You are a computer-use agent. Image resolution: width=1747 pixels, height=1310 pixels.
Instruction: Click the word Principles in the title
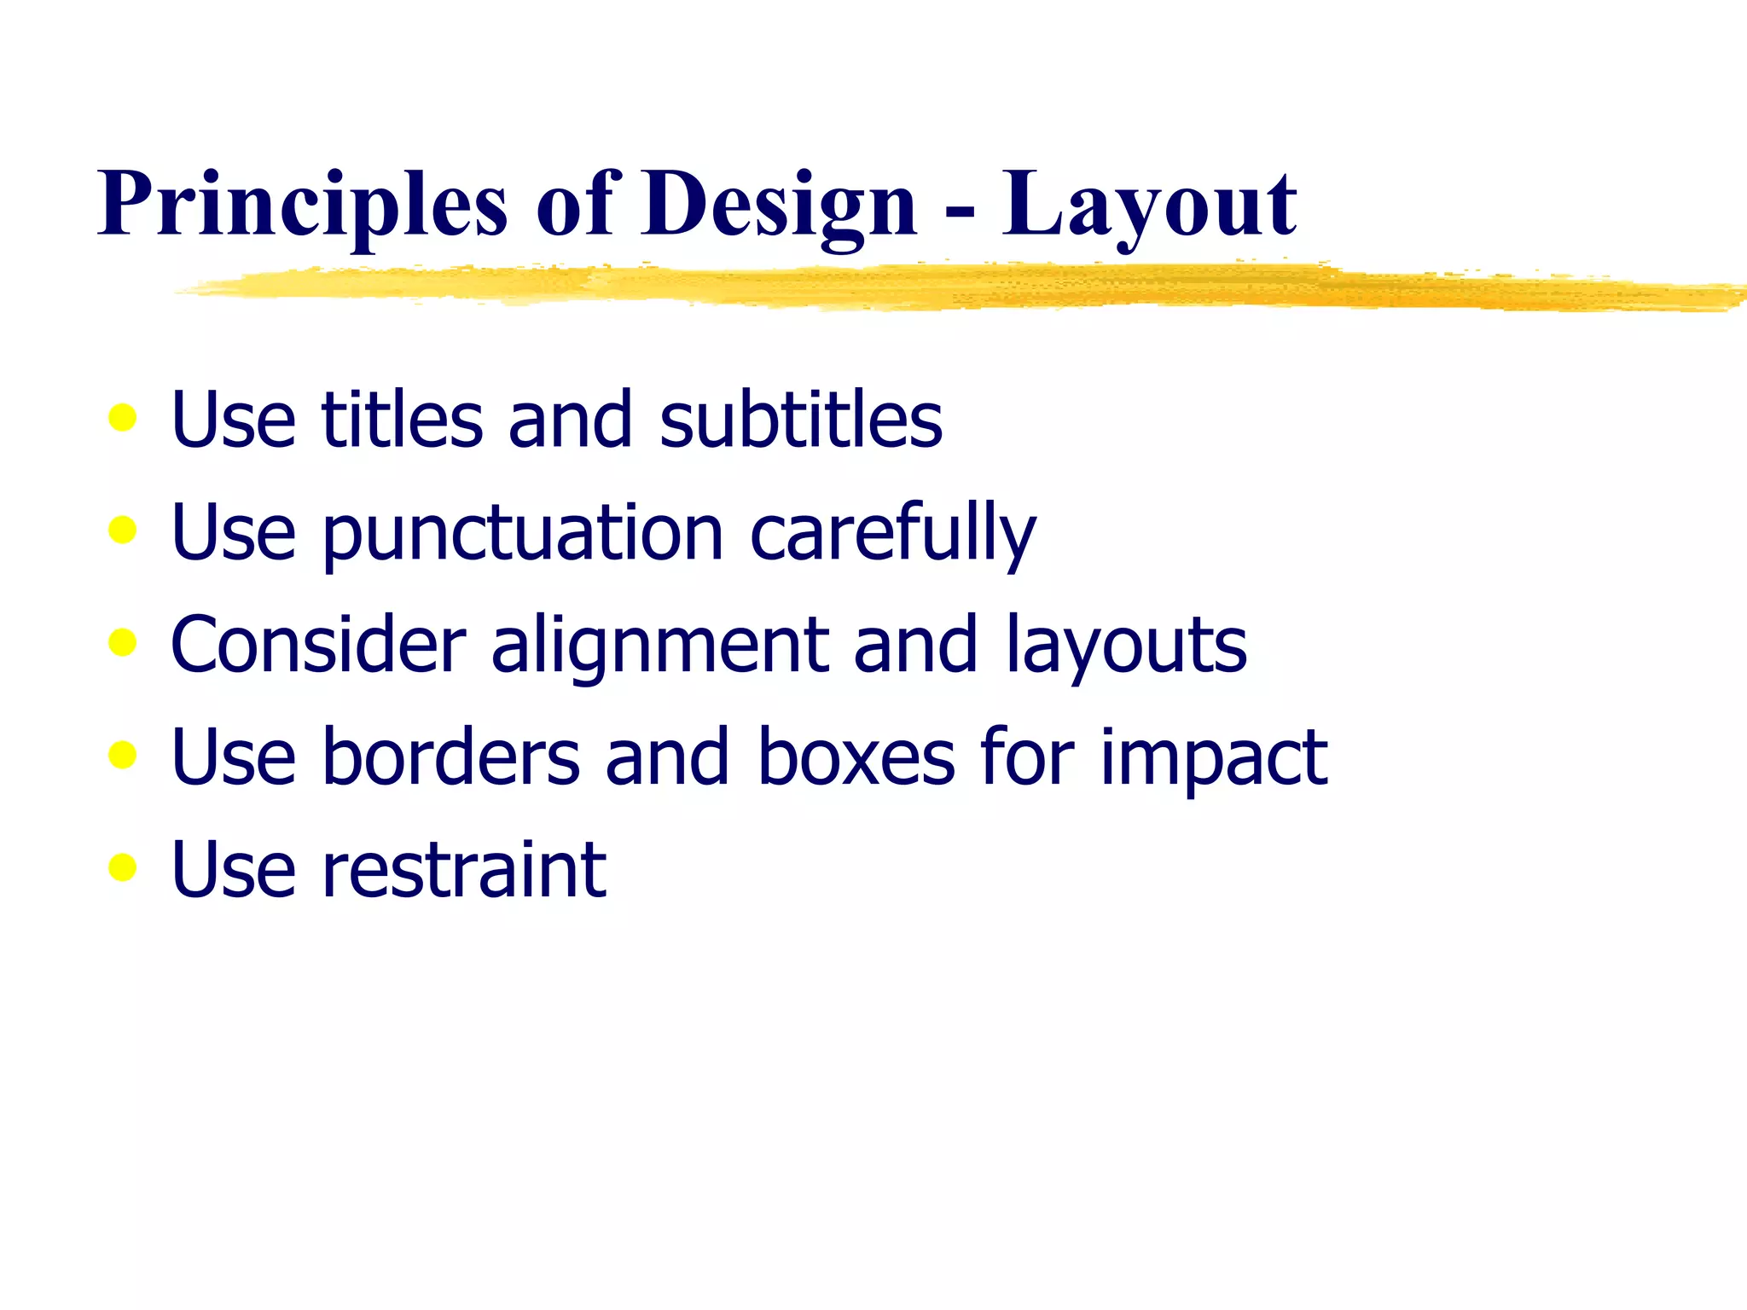pyautogui.click(x=303, y=205)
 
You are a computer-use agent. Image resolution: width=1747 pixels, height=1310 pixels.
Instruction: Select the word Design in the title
pyautogui.click(x=780, y=205)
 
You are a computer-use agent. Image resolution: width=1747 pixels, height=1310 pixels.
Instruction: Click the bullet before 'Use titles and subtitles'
pyautogui.click(x=123, y=418)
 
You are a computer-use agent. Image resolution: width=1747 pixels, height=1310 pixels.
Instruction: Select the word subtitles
pyautogui.click(x=801, y=420)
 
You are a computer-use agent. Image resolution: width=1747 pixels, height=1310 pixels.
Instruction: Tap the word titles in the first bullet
pyautogui.click(x=402, y=420)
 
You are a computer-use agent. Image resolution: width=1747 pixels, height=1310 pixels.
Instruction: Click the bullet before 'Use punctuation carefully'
pyautogui.click(x=123, y=530)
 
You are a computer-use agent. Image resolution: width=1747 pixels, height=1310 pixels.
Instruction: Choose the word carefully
pyautogui.click(x=892, y=534)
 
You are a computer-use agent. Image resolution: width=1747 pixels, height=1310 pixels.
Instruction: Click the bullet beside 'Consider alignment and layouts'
pyautogui.click(x=123, y=642)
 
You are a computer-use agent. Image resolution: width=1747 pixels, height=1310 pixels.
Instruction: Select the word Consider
pyautogui.click(x=318, y=645)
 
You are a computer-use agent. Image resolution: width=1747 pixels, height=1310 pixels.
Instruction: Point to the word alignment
pyautogui.click(x=660, y=646)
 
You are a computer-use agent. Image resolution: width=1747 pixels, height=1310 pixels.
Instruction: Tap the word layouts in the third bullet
pyautogui.click(x=1126, y=646)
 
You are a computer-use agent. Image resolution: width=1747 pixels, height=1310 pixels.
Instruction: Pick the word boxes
pyautogui.click(x=856, y=757)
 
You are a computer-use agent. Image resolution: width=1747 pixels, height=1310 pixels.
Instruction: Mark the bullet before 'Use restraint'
pyautogui.click(x=123, y=867)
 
